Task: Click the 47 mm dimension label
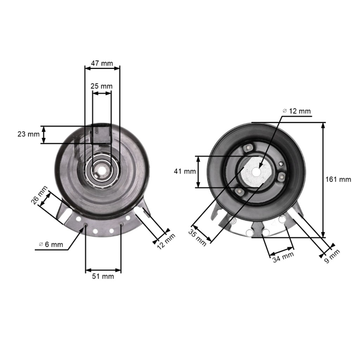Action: [102, 62]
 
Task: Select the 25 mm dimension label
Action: [101, 86]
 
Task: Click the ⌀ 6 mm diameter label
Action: [51, 244]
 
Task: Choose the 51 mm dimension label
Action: [103, 277]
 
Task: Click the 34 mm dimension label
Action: [283, 257]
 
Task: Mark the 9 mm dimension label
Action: [331, 256]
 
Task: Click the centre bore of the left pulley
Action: [101, 170]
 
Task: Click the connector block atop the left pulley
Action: [100, 134]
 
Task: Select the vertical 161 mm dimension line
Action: [323, 179]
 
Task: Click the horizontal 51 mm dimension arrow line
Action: [103, 269]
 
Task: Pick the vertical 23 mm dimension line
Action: [44, 134]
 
